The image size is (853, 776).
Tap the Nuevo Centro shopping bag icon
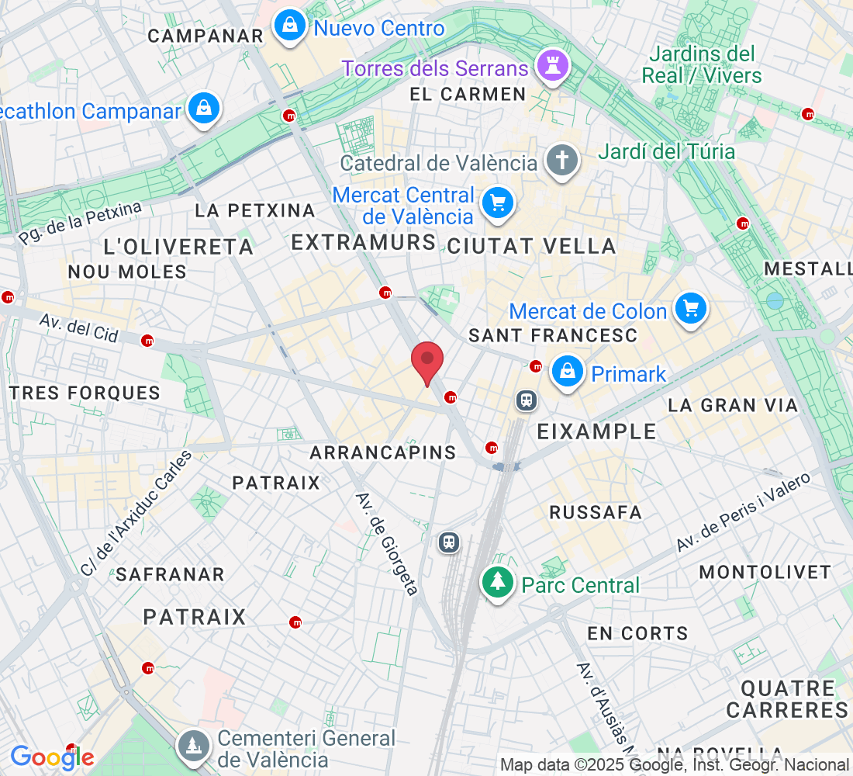coord(289,26)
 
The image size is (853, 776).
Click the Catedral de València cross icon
coord(562,161)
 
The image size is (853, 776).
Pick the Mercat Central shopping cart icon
coord(497,203)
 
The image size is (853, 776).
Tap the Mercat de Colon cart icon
coord(690,309)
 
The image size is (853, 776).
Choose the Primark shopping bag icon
coord(568,372)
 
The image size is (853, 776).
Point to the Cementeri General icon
coord(192,746)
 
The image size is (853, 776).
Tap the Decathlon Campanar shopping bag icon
coord(203,109)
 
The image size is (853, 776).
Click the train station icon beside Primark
coord(527,400)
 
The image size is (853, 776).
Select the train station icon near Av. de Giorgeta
coord(449,541)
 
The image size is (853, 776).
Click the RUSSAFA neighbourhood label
coord(596,512)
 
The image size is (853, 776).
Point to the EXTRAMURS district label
coord(364,243)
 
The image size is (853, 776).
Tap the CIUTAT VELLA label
coord(532,247)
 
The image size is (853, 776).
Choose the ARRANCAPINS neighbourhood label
coord(383,452)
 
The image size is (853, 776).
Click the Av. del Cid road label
coord(79,328)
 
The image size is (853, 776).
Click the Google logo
coord(52,757)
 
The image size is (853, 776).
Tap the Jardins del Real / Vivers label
coord(702,64)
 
